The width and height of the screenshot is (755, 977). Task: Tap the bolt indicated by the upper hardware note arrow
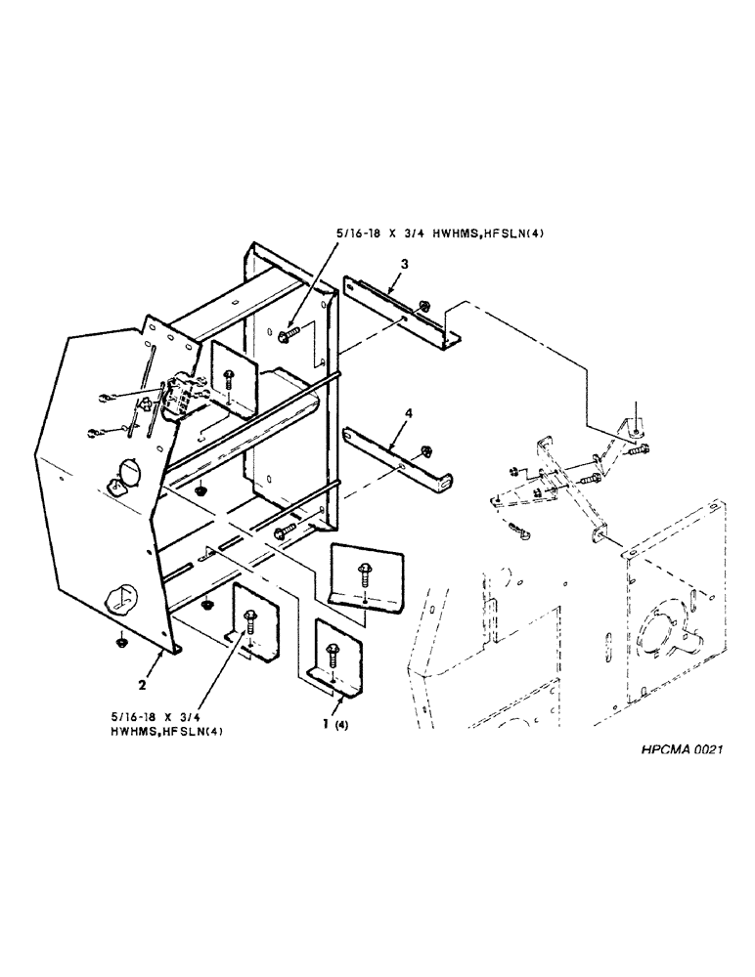290,336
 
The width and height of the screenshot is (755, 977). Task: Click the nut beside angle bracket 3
424,309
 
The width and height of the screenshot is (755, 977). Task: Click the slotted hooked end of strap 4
445,480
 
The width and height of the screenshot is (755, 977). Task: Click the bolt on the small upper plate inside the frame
229,375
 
